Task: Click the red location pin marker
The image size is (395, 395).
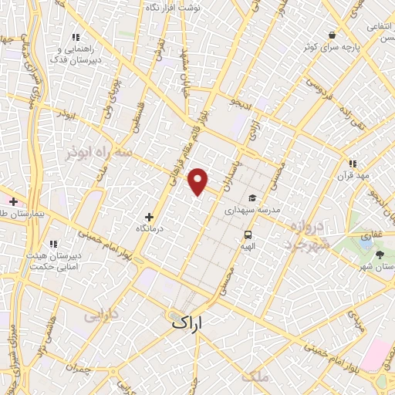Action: [199, 181]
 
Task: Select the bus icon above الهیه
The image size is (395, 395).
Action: [248, 235]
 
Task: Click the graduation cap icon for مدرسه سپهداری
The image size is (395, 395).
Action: [253, 197]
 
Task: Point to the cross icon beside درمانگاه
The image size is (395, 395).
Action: [150, 217]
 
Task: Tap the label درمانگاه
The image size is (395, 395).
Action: [151, 229]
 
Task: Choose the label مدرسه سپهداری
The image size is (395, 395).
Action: [251, 210]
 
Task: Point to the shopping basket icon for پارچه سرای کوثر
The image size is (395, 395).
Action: [332, 35]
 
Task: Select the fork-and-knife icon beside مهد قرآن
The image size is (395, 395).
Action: [353, 164]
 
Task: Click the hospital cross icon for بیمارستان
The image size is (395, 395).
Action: [13, 201]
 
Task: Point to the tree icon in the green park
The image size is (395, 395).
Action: [379, 254]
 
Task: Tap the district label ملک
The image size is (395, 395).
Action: [255, 376]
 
